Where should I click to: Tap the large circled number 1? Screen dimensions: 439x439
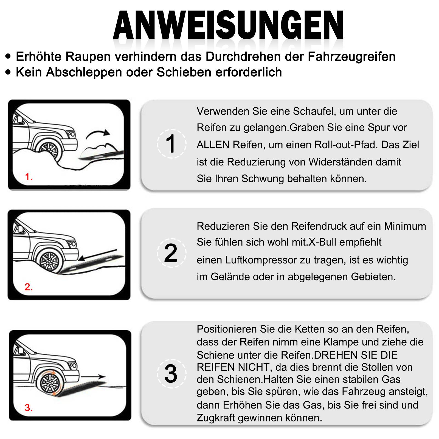(x=171, y=144)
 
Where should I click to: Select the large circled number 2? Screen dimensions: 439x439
(x=171, y=253)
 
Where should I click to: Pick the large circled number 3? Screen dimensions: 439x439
(x=171, y=374)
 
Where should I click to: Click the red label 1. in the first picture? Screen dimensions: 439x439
(x=29, y=177)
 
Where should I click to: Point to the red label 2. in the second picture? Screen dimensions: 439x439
(x=29, y=287)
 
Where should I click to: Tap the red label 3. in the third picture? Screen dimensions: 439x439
(x=29, y=408)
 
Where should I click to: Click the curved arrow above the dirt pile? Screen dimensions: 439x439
(x=97, y=134)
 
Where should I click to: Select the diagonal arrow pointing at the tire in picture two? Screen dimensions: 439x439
(x=97, y=255)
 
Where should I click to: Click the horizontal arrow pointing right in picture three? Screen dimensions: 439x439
(x=93, y=376)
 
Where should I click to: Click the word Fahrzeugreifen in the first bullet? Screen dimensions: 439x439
(x=351, y=57)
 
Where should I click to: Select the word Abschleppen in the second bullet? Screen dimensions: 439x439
(x=84, y=72)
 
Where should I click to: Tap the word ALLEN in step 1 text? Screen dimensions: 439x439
(x=213, y=145)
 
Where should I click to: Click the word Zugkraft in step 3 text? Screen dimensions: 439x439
(x=216, y=418)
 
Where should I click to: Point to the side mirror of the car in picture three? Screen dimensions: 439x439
(x=20, y=351)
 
